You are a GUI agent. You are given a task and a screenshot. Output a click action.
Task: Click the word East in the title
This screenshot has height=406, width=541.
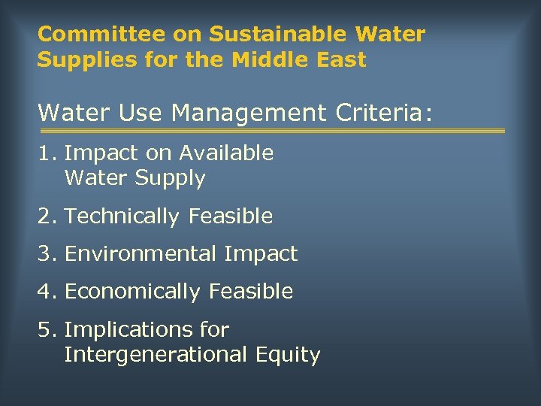(343, 60)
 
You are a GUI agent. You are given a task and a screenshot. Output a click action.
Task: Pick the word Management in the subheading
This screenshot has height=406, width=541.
(244, 113)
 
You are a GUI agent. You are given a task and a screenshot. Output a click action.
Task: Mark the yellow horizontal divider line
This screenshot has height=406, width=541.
(270, 131)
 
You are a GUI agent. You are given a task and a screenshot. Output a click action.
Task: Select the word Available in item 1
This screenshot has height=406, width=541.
(226, 153)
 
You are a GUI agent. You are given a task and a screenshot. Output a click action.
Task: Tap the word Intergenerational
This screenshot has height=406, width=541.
(156, 354)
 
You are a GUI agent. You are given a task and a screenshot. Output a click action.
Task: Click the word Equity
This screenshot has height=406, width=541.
(288, 355)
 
